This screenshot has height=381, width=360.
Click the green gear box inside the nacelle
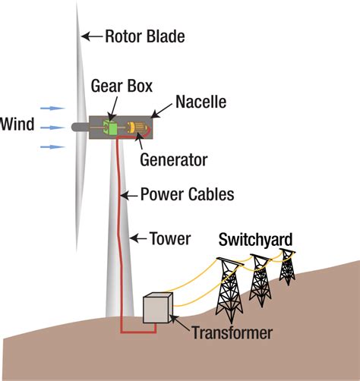110,127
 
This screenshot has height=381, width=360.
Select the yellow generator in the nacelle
137,128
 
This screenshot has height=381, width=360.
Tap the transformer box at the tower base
158,307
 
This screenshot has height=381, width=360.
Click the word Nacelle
201,102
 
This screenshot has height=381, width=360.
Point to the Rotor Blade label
145,36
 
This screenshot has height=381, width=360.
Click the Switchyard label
255,239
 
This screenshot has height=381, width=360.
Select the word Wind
17,124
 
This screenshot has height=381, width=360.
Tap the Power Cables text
187,194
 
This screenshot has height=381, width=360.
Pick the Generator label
174,160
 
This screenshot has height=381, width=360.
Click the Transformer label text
232,332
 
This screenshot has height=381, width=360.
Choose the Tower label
170,238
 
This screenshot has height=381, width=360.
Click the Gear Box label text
122,86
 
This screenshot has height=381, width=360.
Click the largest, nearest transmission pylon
229,289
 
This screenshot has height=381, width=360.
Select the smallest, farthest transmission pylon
287,267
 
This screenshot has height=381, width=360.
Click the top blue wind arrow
52,109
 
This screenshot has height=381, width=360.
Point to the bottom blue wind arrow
52,146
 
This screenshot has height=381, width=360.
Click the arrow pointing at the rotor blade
92,36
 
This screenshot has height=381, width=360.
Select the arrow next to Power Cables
129,196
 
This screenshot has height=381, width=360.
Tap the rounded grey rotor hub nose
80,127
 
